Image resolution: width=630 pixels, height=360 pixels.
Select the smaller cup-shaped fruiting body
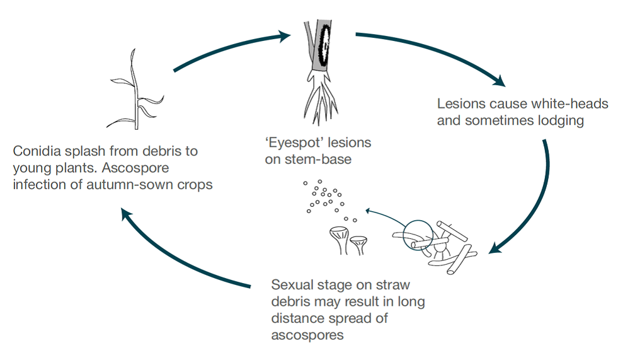[359, 245]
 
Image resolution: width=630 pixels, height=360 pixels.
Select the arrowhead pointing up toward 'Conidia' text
[126, 216]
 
